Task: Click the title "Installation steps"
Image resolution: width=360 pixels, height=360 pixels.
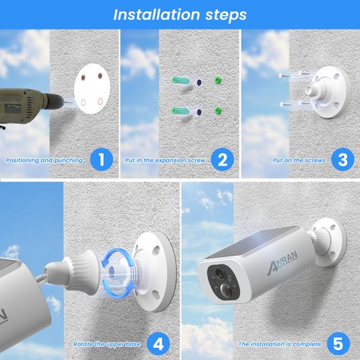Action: (179, 14)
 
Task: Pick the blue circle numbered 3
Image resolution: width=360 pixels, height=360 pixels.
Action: (341, 160)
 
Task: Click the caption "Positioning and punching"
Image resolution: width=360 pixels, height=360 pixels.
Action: (44, 160)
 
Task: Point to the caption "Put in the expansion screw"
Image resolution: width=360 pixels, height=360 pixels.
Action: (166, 160)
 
